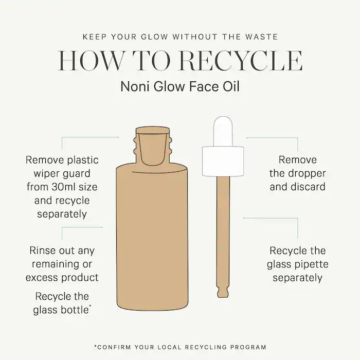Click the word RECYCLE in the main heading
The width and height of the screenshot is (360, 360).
point(241,61)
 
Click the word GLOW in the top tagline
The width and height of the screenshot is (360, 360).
point(154,37)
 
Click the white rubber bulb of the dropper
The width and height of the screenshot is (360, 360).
point(223,131)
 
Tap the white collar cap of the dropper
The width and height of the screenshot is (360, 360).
point(223,161)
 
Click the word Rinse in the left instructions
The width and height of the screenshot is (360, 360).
point(43,250)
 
